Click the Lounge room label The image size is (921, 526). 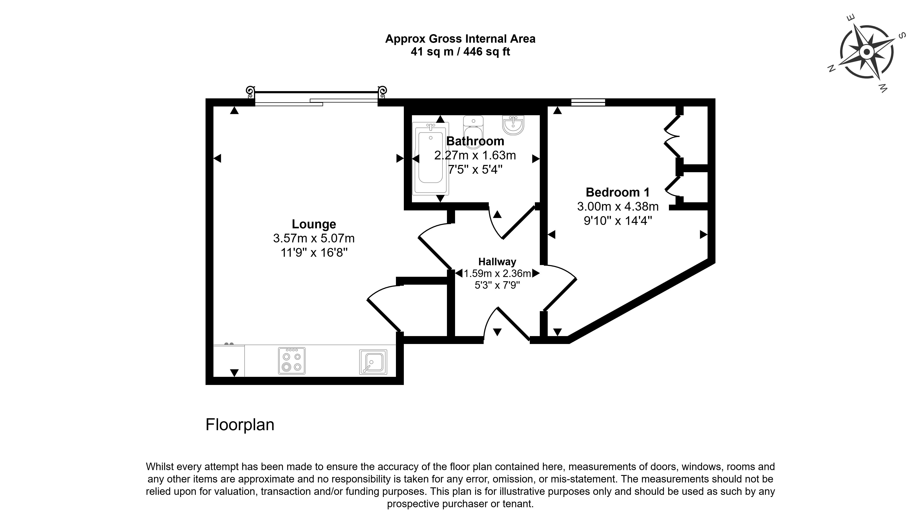pyautogui.click(x=314, y=224)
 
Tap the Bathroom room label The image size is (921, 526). pyautogui.click(x=475, y=141)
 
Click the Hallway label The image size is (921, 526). pyautogui.click(x=497, y=262)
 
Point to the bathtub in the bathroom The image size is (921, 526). pyautogui.click(x=430, y=158)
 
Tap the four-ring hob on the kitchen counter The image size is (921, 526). pyautogui.click(x=292, y=361)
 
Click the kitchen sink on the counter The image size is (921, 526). pyautogui.click(x=373, y=362)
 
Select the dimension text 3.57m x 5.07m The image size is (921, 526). pyautogui.click(x=314, y=238)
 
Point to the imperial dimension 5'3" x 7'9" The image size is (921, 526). pyautogui.click(x=497, y=285)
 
